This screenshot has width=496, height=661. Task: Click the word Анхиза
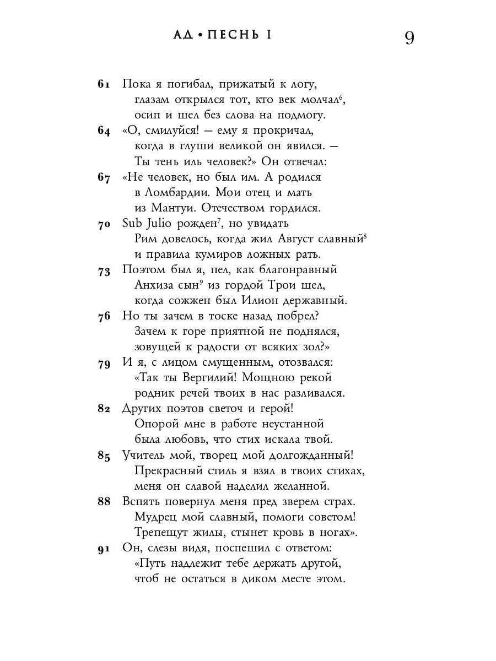[x=154, y=285]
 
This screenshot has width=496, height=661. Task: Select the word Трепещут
[x=163, y=533]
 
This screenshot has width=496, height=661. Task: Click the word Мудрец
[x=155, y=517]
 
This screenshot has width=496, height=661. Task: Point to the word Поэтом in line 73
[x=143, y=270]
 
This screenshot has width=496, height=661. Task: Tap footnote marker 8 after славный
[x=365, y=235]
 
